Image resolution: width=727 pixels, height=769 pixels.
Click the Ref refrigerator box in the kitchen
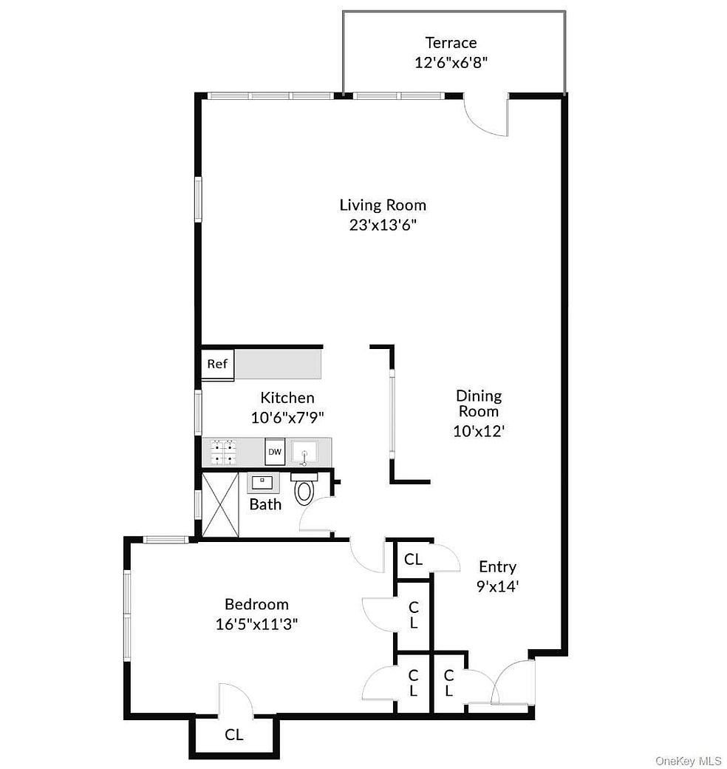point(217,365)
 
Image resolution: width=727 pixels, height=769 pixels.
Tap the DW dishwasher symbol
point(275,451)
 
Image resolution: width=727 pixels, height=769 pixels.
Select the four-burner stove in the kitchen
point(223,452)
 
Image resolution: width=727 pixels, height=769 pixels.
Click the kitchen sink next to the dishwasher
point(304,451)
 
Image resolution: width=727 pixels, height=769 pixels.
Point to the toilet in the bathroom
point(304,490)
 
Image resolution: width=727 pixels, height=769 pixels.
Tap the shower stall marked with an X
point(221,504)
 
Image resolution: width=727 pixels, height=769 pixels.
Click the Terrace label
point(451,43)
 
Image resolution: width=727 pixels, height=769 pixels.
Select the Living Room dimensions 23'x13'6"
point(383,226)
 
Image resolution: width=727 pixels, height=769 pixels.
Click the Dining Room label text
point(479,403)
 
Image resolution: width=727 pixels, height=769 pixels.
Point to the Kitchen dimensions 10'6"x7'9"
point(287,417)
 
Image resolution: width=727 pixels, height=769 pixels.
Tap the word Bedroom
point(256,605)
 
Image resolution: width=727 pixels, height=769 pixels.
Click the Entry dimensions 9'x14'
point(496,586)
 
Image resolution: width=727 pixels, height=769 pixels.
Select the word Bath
point(265,505)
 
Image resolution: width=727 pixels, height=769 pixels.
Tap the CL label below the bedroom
point(234,735)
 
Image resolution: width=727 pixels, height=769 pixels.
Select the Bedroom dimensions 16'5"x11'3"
point(256,624)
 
